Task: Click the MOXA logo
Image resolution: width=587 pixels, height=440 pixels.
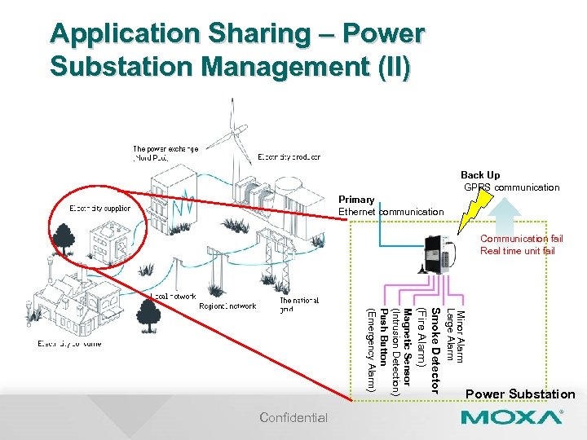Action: [x=512, y=418]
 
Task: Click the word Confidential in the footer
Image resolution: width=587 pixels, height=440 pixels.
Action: [x=293, y=418]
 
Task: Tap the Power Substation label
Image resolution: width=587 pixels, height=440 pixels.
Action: [x=520, y=394]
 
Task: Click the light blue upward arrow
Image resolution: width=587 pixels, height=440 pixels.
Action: [x=508, y=216]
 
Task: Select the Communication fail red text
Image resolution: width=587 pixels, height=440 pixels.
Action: [x=521, y=239]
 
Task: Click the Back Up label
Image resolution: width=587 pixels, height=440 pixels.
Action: [x=480, y=175]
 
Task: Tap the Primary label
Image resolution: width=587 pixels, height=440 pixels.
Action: [x=356, y=200]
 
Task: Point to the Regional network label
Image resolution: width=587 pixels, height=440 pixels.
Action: [x=227, y=306]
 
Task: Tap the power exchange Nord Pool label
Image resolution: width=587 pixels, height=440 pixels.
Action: [x=165, y=152]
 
